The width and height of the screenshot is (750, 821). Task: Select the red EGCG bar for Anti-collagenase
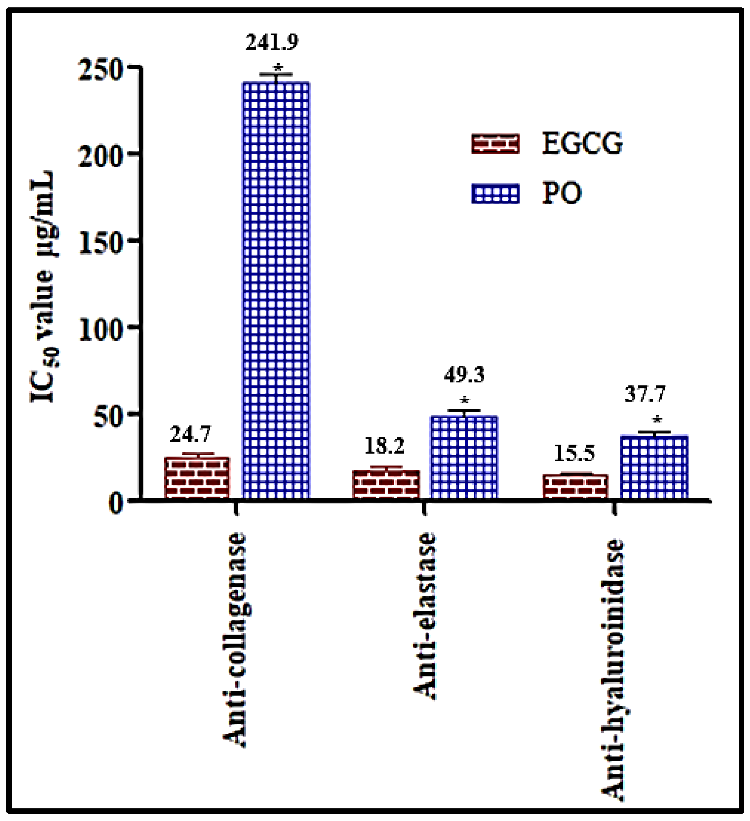(197, 477)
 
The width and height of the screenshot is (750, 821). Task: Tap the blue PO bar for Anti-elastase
(464, 457)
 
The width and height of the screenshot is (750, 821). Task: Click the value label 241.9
(272, 42)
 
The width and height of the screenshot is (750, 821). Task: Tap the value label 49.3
(464, 375)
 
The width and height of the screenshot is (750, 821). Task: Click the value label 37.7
(645, 394)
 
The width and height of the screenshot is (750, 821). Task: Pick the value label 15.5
(575, 453)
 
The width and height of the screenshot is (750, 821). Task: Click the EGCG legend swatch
(495, 144)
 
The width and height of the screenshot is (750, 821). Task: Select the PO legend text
(562, 193)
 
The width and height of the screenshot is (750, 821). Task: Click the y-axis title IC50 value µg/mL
(43, 287)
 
